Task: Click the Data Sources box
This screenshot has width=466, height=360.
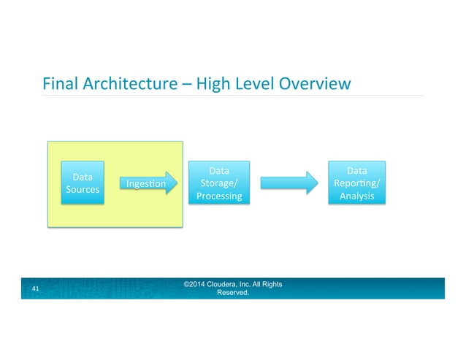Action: [x=82, y=183]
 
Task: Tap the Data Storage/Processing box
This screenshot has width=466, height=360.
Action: [x=218, y=183]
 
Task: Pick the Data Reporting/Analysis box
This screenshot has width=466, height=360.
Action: [x=356, y=183]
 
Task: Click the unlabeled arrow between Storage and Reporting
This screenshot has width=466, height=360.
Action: [x=289, y=184]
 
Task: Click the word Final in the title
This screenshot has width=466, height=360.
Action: [x=59, y=84]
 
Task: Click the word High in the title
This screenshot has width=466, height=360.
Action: [x=212, y=84]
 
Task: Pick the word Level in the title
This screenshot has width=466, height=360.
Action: [x=253, y=84]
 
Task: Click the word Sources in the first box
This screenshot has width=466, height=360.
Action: [x=82, y=190]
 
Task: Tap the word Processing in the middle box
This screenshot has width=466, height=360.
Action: [x=218, y=197]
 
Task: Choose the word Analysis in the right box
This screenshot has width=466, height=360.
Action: [x=356, y=197]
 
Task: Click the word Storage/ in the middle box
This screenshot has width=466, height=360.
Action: [x=218, y=184]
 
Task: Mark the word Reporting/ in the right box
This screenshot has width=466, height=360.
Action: [x=356, y=184]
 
